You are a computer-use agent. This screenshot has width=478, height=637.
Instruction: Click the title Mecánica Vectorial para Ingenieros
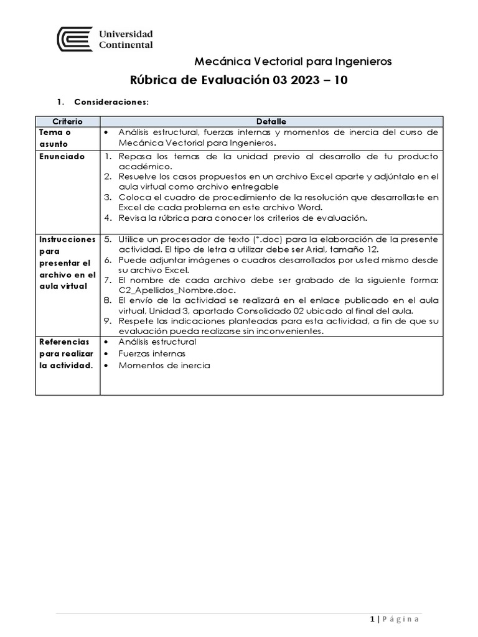point(293,61)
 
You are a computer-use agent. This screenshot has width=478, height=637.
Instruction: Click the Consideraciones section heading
point(111,101)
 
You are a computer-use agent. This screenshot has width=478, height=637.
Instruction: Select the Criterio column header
point(67,121)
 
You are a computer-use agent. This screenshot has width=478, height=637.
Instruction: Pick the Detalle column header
point(271,121)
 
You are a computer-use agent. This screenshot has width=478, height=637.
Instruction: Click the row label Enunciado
point(62,157)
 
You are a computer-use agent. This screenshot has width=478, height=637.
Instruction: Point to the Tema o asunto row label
point(55,138)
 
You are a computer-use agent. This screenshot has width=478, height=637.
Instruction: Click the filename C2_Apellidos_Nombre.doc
point(171,289)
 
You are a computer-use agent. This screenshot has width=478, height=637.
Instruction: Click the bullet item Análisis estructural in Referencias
point(157,342)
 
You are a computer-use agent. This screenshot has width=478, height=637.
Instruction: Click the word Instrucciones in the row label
point(67,239)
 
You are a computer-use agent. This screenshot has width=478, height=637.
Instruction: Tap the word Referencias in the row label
point(64,342)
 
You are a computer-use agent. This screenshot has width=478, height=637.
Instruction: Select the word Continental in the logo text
point(126,45)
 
